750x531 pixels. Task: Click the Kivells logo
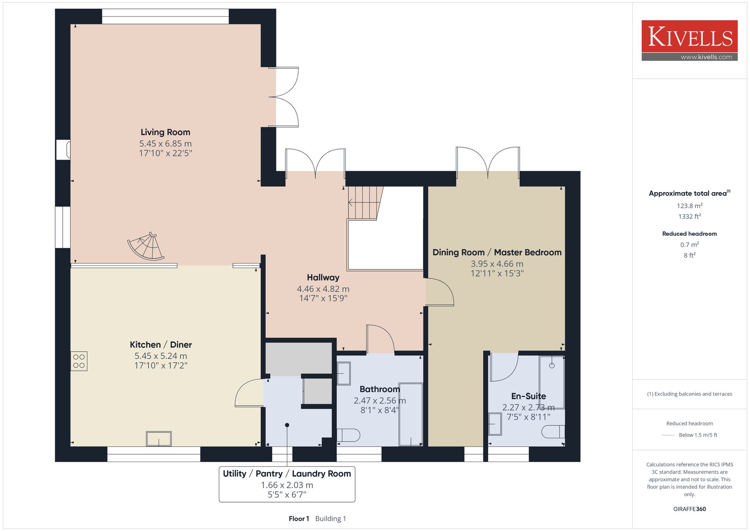[689, 41]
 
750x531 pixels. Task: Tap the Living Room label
[165, 132]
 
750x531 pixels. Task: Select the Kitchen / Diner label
[161, 344]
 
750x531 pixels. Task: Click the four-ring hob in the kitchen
[79, 361]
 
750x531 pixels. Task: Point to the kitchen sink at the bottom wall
[159, 439]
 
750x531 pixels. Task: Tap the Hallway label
[323, 277]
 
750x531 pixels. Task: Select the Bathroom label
[379, 389]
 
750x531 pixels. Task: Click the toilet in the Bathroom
[348, 435]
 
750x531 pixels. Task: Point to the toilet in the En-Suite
[553, 432]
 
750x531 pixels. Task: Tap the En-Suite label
[528, 396]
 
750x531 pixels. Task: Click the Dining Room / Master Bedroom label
[497, 252]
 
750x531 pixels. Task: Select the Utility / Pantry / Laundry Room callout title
[287, 474]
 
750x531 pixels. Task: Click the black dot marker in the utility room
[287, 425]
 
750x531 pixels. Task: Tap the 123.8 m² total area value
[689, 206]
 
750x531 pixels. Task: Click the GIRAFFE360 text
[689, 509]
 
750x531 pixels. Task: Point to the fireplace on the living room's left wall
[63, 150]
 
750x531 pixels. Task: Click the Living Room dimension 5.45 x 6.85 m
[165, 143]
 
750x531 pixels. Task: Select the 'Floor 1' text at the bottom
[299, 519]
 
